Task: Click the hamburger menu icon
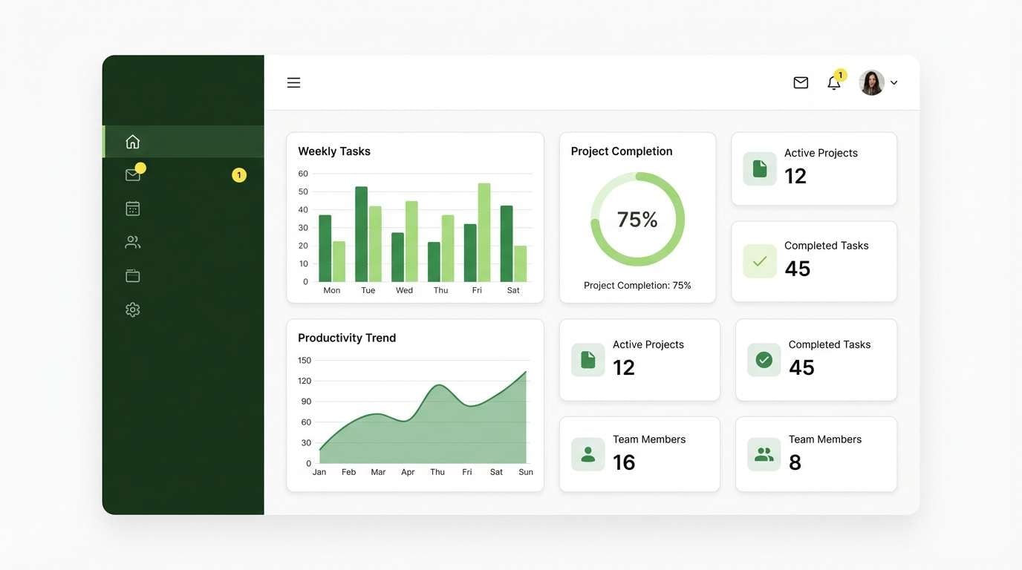(293, 82)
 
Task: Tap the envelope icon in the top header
(801, 82)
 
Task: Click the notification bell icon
(834, 83)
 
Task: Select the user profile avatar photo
(871, 82)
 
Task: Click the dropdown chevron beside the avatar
(894, 83)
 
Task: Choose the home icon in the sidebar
(133, 142)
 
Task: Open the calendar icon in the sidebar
(133, 209)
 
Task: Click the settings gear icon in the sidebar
(133, 309)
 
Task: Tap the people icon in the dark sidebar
(133, 242)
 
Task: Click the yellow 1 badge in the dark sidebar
(239, 175)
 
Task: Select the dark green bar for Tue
(362, 234)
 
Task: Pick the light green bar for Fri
(484, 232)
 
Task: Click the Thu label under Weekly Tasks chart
(441, 290)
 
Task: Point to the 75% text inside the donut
(637, 219)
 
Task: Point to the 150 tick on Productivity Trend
(305, 361)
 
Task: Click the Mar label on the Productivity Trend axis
(378, 472)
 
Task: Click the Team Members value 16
(624, 462)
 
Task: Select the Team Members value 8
(795, 462)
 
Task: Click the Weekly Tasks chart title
(334, 151)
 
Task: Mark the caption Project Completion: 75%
(637, 286)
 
